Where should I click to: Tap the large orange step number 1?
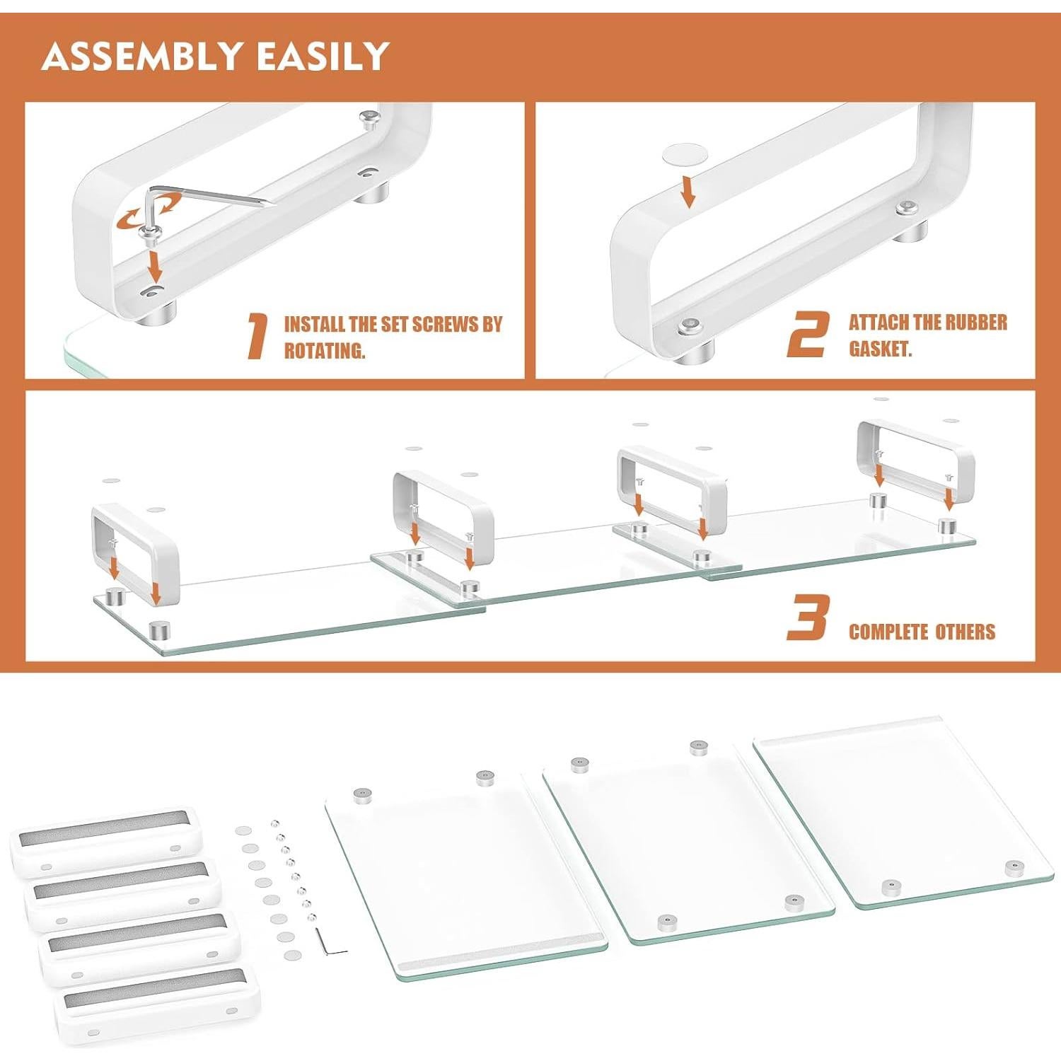click(x=257, y=337)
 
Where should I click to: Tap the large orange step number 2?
click(x=807, y=335)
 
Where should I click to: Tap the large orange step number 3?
click(x=807, y=618)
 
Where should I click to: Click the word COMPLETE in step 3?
click(x=888, y=632)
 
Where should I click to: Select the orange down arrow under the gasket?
click(x=688, y=192)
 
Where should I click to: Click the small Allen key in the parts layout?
click(x=330, y=942)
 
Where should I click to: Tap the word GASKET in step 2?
click(x=880, y=349)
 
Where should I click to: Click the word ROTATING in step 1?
click(x=325, y=351)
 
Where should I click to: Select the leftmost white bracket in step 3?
click(x=134, y=552)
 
